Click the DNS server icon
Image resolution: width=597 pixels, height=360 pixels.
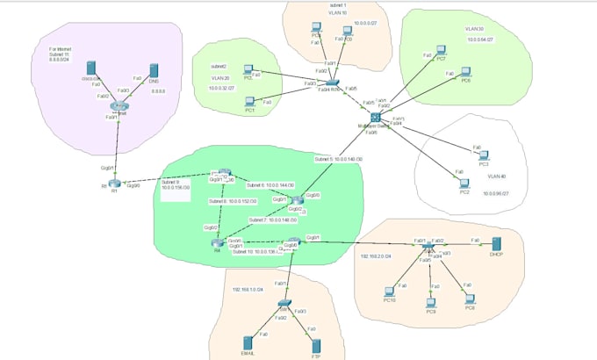click(155, 71)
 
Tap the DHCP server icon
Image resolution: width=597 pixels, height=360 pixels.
click(495, 243)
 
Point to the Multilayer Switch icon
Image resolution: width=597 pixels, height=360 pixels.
click(376, 118)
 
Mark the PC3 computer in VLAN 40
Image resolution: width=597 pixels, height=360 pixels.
click(484, 155)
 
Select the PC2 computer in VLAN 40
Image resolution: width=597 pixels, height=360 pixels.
click(464, 182)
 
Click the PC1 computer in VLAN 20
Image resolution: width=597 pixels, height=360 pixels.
click(249, 102)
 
